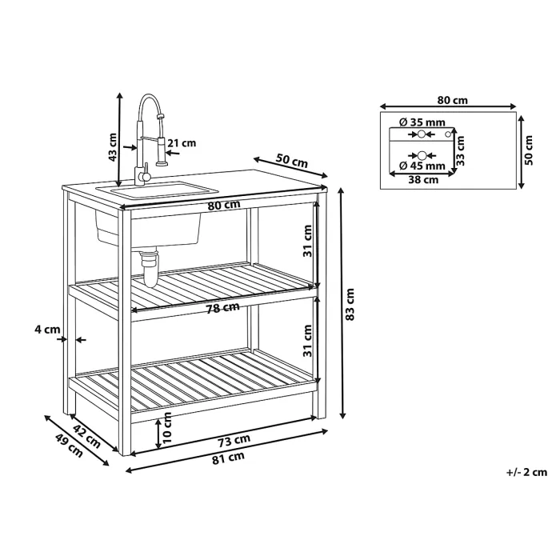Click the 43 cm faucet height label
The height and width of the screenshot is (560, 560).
pos(113,146)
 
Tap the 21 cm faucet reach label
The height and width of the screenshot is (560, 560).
pos(182,143)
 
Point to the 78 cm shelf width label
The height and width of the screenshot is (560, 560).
pos(223,308)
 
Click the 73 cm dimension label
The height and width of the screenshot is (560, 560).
pos(234,441)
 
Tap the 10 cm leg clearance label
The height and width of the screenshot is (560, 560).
pos(166,427)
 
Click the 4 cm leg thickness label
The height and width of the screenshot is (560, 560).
pos(46,330)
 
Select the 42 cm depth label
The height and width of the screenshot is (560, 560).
pos(86,436)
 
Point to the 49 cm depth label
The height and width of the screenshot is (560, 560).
pos(69,446)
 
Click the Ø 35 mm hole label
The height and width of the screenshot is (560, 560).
pos(422,122)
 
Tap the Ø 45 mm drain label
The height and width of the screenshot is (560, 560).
pos(422,166)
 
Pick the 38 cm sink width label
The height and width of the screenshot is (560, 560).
pos(423,180)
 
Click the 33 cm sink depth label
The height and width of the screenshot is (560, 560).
pos(460,150)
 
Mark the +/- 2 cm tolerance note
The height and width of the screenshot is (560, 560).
pos(526,472)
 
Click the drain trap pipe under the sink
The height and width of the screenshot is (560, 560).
pos(149,268)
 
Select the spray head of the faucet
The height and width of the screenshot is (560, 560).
pos(162,151)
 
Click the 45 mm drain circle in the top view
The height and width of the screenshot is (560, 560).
pos(422,155)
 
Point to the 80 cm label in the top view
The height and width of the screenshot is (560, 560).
pos(453,100)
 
